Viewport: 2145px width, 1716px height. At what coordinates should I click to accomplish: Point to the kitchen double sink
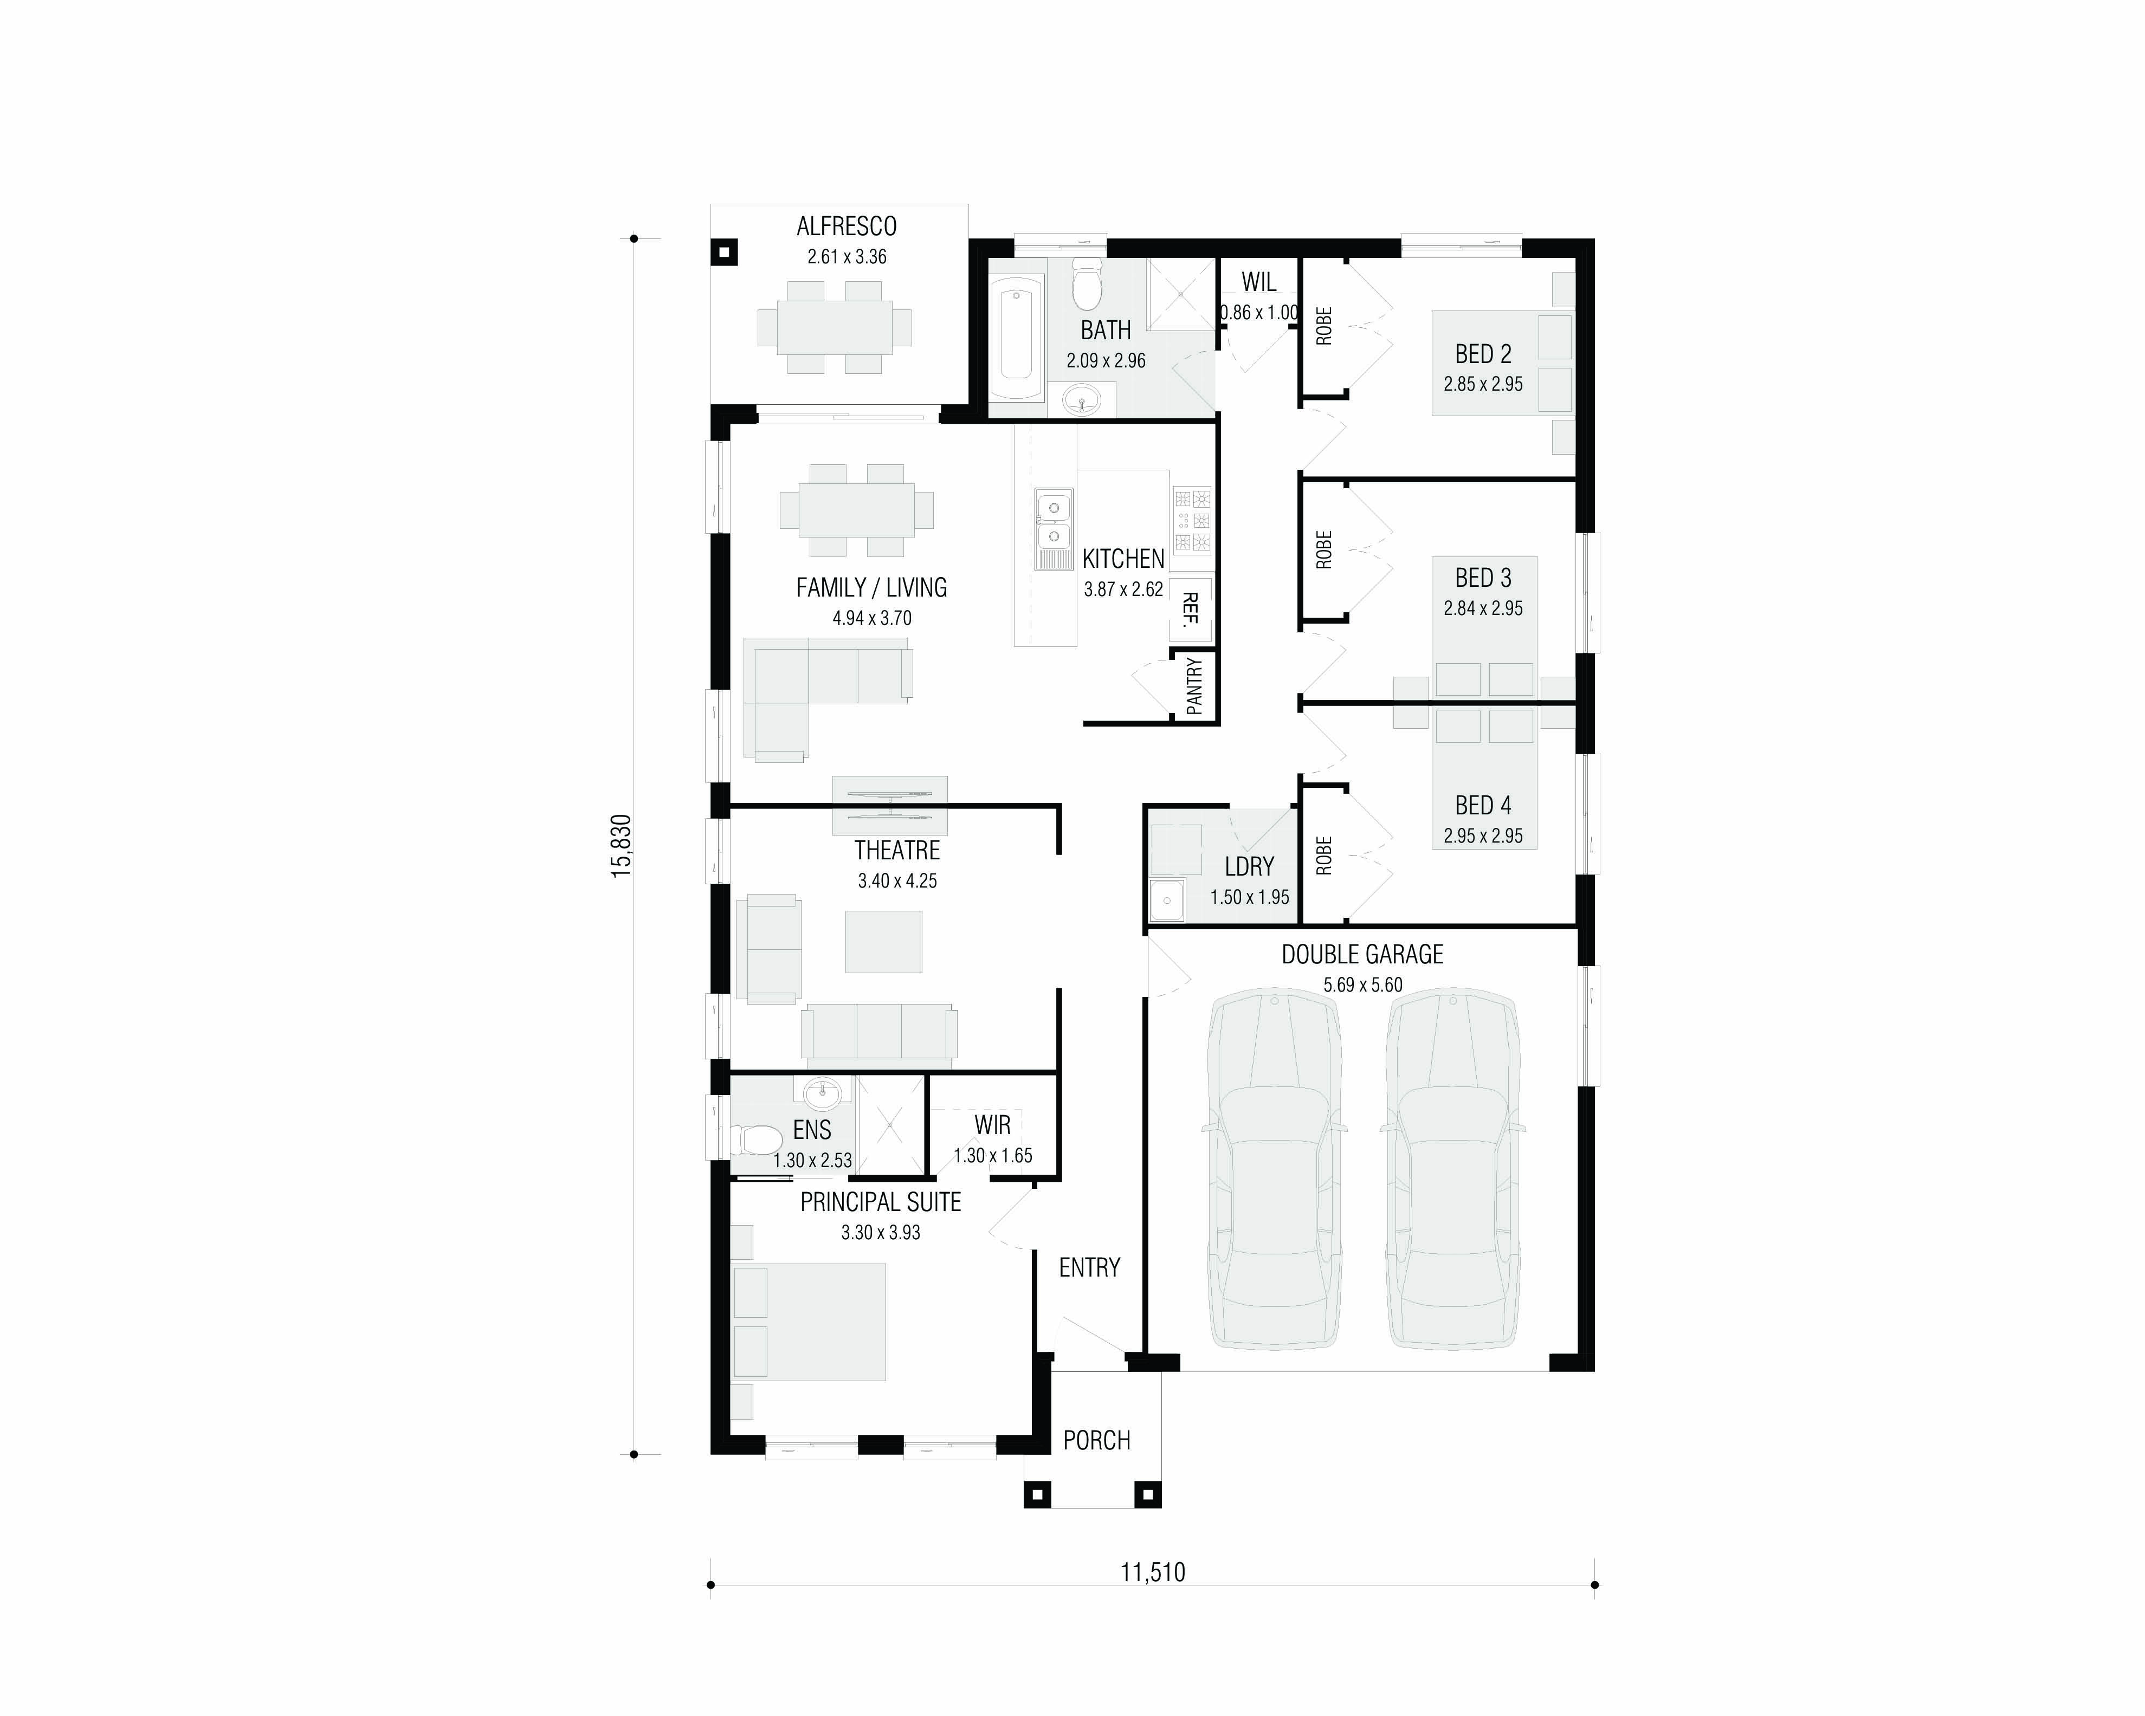tap(1054, 529)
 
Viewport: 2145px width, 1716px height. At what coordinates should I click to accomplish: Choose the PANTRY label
tap(1194, 685)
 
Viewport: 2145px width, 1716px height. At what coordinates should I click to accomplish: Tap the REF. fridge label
tap(1190, 610)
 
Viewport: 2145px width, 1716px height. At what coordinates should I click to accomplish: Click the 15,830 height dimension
tap(621, 846)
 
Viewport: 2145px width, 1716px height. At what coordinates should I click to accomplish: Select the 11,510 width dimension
tap(1153, 1573)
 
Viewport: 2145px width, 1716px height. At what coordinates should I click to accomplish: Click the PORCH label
tap(1096, 1440)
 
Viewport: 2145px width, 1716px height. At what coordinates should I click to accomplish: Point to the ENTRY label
tap(1089, 1267)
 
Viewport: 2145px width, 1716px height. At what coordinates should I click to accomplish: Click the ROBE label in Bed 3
tap(1323, 550)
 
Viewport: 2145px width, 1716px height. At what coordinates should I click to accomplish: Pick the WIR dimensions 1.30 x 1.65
tap(993, 1156)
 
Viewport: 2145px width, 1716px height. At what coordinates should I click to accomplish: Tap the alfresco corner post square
tap(724, 252)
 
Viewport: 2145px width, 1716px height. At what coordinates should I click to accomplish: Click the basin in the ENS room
tap(823, 1095)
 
